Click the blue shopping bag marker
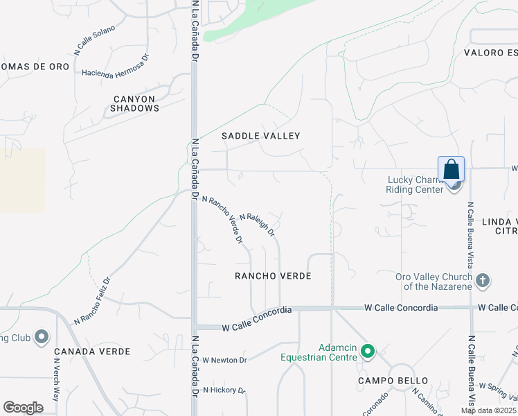(x=451, y=170)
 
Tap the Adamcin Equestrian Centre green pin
(x=368, y=354)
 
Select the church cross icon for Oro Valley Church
(x=483, y=281)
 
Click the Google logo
(x=23, y=407)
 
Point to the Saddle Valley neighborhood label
(x=261, y=136)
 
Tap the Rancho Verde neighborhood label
(x=272, y=276)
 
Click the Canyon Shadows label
(x=135, y=103)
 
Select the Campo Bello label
(x=393, y=381)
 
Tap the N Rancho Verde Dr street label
(x=222, y=220)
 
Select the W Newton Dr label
(x=224, y=360)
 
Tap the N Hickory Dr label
(x=224, y=390)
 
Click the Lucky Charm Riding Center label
(x=414, y=184)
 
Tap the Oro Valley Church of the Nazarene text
(x=434, y=281)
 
